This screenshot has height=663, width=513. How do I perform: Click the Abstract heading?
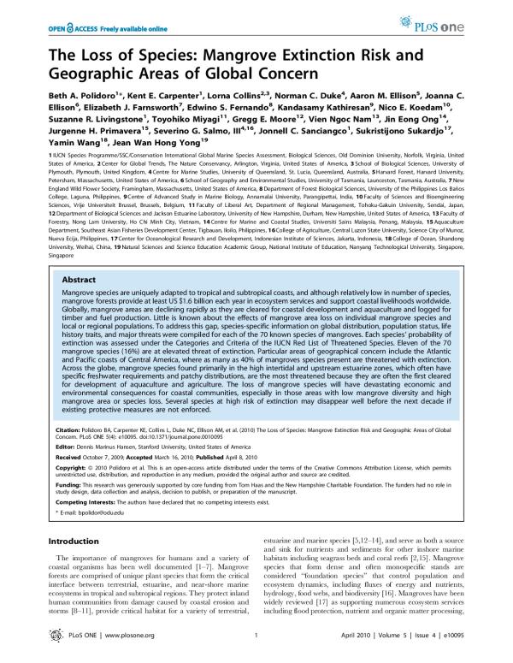tap(76, 207)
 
